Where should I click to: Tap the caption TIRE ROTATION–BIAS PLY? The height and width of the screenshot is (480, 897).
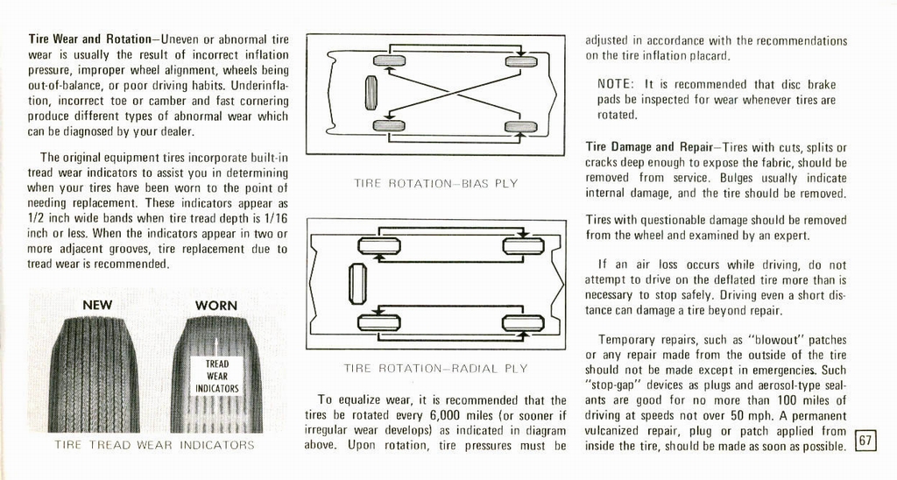click(x=435, y=184)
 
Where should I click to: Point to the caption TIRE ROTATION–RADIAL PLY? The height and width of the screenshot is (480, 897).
click(x=435, y=369)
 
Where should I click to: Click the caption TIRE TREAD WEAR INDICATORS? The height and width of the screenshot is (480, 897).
click(x=154, y=445)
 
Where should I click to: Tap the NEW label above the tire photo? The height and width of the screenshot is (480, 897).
click(x=97, y=305)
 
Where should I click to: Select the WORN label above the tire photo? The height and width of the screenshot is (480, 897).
click(x=215, y=305)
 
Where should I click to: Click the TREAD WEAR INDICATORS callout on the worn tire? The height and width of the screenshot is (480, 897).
click(x=217, y=376)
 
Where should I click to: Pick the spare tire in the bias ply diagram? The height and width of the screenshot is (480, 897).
click(x=371, y=93)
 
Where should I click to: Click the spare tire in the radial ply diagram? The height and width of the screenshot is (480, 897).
click(x=357, y=284)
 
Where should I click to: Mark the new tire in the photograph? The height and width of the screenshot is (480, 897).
click(x=95, y=375)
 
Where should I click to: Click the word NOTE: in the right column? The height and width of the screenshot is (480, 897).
click(x=617, y=85)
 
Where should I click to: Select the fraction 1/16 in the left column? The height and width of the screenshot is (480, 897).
click(x=273, y=218)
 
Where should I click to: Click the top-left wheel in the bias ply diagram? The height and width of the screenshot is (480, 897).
click(x=389, y=60)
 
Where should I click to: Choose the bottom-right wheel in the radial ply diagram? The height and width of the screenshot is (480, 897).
click(x=523, y=323)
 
